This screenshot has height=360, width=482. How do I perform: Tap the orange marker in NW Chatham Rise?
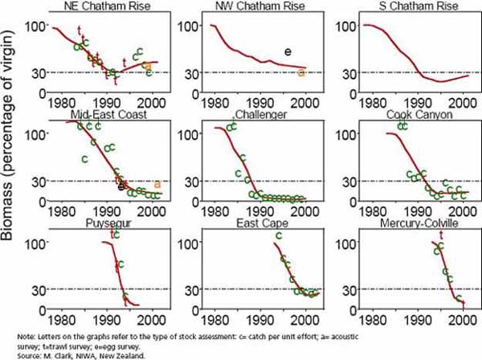tap(301, 73)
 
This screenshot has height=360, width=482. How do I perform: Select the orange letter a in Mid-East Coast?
tap(157, 184)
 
